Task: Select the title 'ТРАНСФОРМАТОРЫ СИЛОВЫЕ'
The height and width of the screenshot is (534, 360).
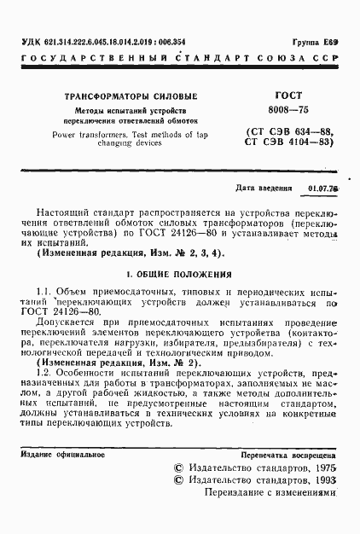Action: point(125,97)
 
